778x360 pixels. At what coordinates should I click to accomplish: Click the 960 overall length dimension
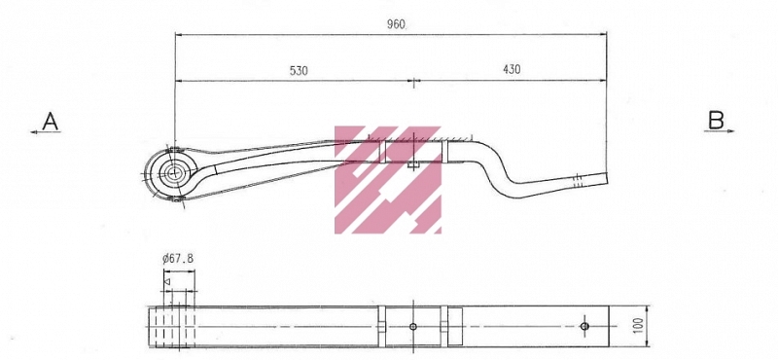[x=397, y=24]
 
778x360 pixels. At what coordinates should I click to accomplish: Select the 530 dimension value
[x=299, y=70]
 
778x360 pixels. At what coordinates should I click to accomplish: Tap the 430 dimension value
[x=512, y=69]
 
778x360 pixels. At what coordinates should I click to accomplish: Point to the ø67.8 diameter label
[x=178, y=258]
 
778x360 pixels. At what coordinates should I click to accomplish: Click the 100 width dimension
[x=639, y=325]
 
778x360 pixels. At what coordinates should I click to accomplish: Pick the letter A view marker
[x=51, y=121]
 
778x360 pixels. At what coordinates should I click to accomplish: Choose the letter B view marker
[x=716, y=121]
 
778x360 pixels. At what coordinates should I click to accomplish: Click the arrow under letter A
[x=46, y=132]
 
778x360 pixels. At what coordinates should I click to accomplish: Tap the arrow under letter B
[x=719, y=131]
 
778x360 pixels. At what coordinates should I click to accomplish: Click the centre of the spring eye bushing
[x=174, y=173]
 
